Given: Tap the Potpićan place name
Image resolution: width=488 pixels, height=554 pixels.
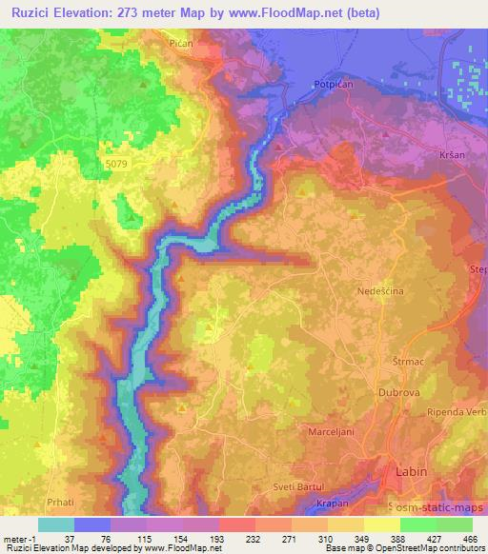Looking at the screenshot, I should point(332,84).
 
